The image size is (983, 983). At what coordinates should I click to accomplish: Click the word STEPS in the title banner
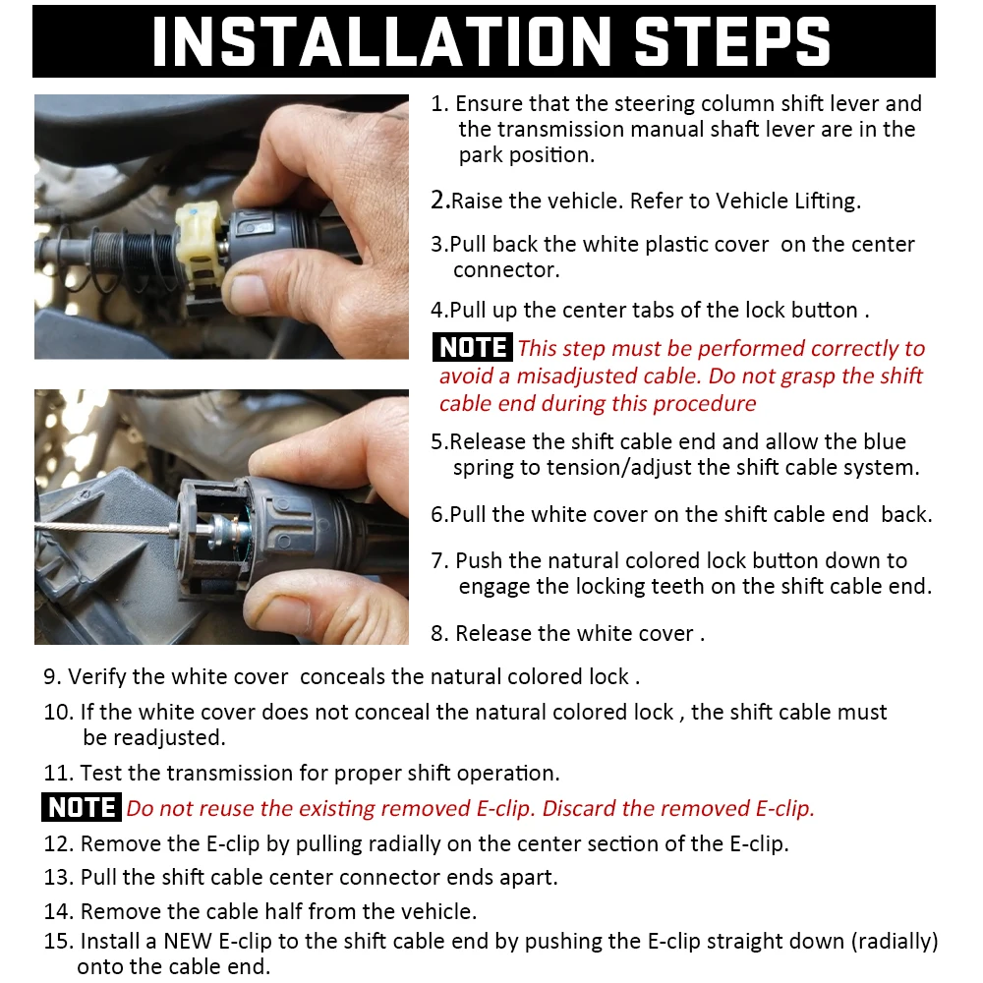tap(732, 40)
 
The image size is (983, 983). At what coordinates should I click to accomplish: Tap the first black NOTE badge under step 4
tap(473, 348)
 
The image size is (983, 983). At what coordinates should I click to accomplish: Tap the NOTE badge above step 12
tap(82, 808)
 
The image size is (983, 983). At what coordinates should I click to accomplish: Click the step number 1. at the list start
tap(440, 104)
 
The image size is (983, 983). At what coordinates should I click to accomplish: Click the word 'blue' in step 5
tap(882, 442)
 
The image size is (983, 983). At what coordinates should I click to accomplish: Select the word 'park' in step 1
tap(479, 155)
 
